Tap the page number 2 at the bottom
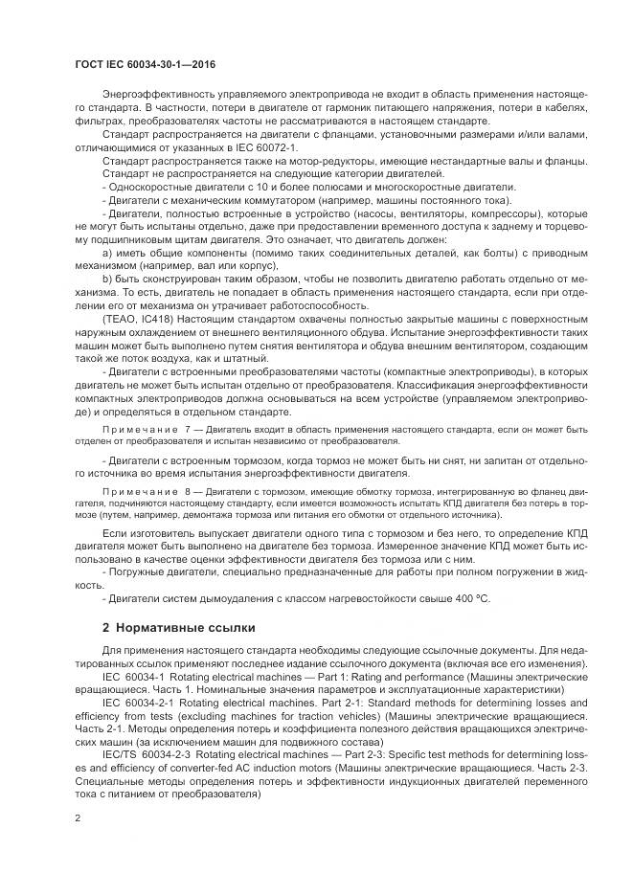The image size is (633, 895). (x=78, y=819)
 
